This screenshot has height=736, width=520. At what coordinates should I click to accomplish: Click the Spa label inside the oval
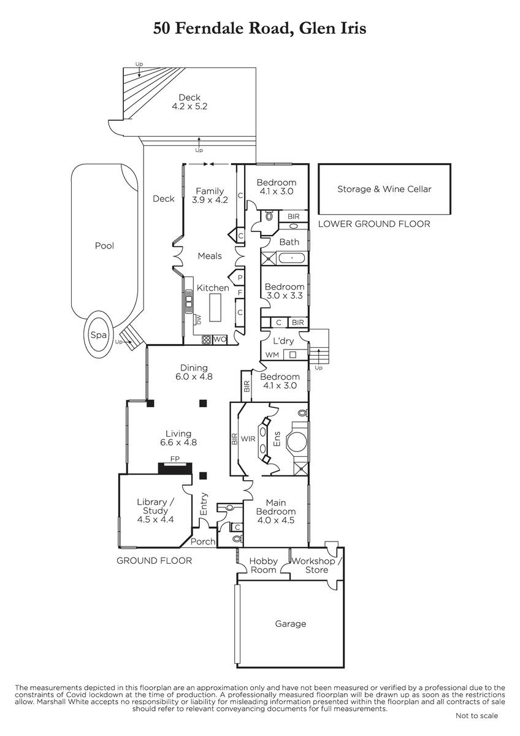click(99, 335)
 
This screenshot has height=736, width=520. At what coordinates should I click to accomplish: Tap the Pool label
click(104, 246)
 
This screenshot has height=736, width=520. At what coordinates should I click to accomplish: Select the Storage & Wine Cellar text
click(384, 189)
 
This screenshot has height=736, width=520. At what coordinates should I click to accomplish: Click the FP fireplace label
click(175, 459)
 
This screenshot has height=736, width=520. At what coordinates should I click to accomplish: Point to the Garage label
click(291, 624)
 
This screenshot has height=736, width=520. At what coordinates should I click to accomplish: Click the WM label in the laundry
click(272, 355)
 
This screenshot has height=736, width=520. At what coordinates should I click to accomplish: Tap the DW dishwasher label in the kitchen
click(198, 319)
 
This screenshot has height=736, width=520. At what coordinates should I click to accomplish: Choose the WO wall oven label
click(220, 339)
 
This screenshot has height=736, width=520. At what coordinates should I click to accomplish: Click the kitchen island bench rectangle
click(215, 307)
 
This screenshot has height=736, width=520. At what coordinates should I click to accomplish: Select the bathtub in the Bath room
click(292, 258)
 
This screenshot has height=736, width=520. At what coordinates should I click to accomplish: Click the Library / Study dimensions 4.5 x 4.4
click(155, 519)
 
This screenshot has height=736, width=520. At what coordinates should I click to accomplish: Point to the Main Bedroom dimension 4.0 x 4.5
click(276, 520)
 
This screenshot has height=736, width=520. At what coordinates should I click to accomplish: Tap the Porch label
click(203, 542)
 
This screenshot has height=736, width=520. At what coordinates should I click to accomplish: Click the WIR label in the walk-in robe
click(248, 439)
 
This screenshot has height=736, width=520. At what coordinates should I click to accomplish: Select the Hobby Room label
click(264, 565)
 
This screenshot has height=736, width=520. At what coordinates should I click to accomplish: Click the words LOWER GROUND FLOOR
click(374, 224)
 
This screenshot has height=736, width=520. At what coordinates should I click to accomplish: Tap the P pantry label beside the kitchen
click(240, 278)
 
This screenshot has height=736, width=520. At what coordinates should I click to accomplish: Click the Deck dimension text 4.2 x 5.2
click(189, 106)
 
